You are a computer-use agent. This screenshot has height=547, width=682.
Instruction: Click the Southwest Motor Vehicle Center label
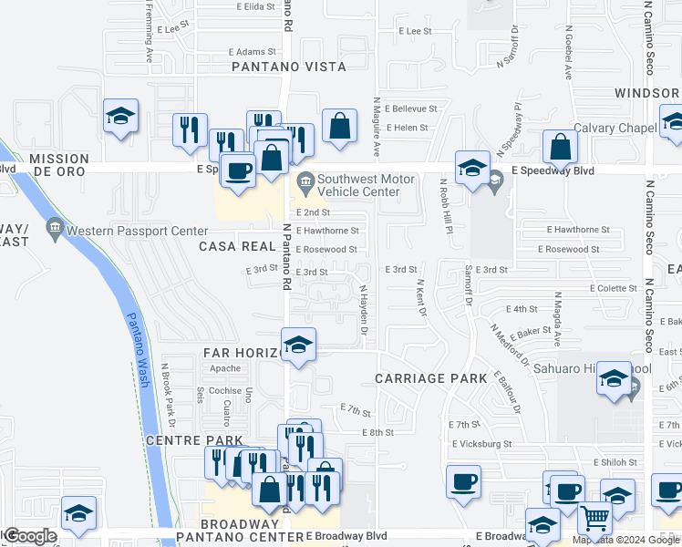pyautogui.click(x=356, y=185)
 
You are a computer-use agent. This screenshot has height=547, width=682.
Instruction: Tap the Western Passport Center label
pyautogui.click(x=125, y=225)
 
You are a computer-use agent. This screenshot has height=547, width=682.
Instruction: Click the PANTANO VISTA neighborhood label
pyautogui.click(x=288, y=67)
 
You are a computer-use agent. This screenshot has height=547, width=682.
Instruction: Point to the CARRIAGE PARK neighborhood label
pyautogui.click(x=424, y=377)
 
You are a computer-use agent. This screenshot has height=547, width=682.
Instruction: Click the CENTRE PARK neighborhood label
pyautogui.click(x=182, y=441)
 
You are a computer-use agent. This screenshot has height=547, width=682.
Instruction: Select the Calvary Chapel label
pyautogui.click(x=615, y=129)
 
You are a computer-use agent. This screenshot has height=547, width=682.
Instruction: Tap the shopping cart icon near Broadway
pyautogui.click(x=594, y=519)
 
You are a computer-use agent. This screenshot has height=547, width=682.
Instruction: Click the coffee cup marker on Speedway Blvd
pyautogui.click(x=239, y=171)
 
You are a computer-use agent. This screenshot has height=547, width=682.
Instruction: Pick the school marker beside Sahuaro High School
pyautogui.click(x=615, y=378)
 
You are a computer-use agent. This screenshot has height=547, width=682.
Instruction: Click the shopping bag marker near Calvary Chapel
pyautogui.click(x=560, y=146)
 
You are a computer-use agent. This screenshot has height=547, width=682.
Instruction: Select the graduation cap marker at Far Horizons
pyautogui.click(x=297, y=345)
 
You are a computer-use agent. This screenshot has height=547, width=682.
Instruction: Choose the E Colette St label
pyautogui.click(x=613, y=288)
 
